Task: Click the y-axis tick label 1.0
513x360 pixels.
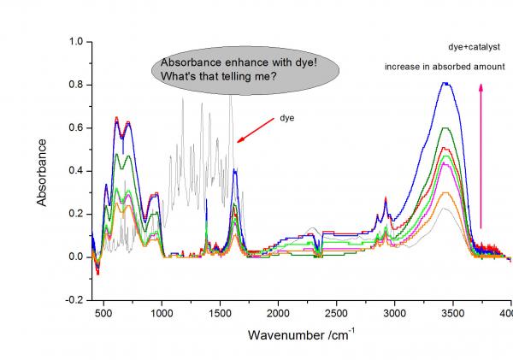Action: [76, 41]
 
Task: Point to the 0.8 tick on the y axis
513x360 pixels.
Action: [76, 85]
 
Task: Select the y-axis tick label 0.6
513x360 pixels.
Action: [76, 127]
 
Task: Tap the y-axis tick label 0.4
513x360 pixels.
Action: [76, 171]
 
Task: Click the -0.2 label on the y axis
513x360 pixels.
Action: [74, 300]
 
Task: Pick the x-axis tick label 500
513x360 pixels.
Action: [104, 314]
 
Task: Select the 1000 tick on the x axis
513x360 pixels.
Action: [162, 314]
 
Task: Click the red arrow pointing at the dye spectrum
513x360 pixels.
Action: [251, 130]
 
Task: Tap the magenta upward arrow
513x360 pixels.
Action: [481, 154]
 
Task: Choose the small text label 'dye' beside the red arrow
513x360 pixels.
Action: [287, 117]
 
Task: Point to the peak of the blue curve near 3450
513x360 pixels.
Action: [445, 83]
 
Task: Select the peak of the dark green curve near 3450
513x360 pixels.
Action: [445, 128]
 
